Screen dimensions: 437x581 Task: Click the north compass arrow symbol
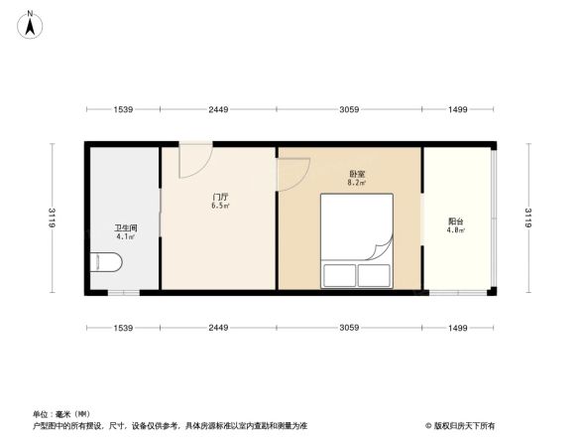30,23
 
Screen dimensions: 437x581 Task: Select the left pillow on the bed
338,275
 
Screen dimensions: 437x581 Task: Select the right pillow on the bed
376,275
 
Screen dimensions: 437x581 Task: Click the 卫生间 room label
125,227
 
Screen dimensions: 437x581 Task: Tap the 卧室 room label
355,173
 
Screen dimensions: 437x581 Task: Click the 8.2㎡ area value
355,183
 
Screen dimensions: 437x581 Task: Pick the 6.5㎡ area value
220,207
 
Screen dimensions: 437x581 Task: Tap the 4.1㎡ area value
125,237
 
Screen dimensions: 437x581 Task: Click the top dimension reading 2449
219,109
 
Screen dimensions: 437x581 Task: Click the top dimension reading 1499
457,109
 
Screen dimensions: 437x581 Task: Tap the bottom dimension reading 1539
123,328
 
